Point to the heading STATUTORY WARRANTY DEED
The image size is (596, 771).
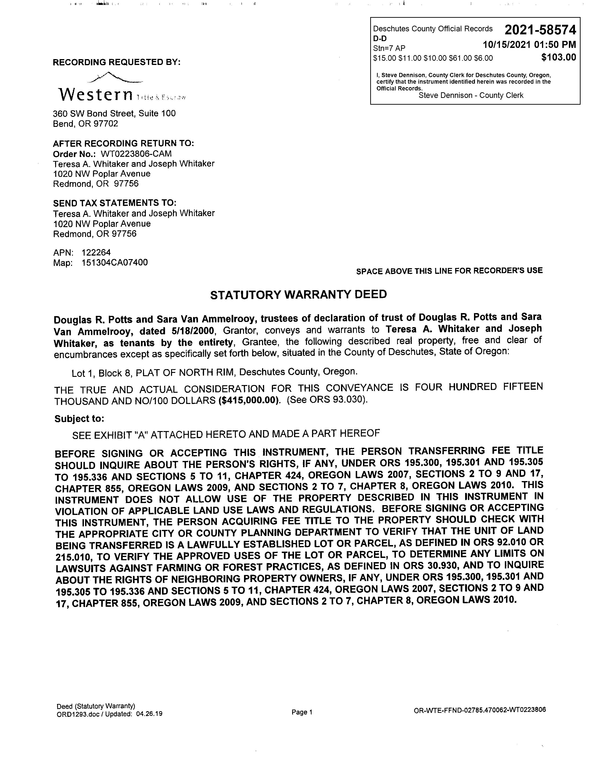298,294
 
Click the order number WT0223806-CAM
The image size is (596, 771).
136,154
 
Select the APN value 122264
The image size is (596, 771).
96,252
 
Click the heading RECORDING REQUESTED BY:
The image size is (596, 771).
117,62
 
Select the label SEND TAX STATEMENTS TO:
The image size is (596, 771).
114,203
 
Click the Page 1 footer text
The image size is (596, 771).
302,712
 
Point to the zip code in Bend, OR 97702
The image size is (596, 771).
106,124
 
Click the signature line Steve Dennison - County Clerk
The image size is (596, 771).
471,95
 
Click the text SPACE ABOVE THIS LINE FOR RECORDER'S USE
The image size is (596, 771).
449,271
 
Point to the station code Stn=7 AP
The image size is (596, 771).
389,48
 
